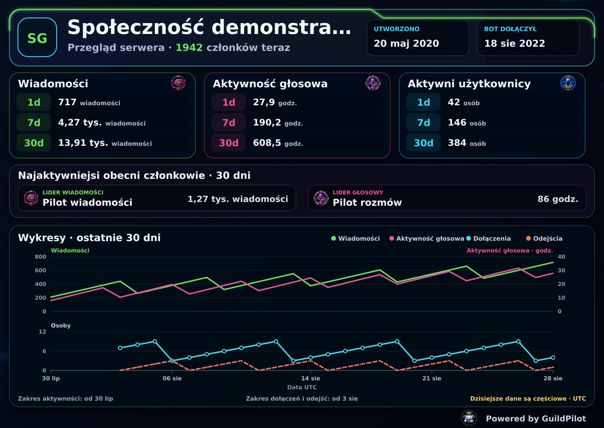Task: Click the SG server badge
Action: [37, 37]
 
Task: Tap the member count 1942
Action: [189, 48]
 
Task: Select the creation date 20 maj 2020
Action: [406, 43]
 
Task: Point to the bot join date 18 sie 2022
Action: [514, 43]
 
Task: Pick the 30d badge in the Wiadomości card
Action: [34, 143]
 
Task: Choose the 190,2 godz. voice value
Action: [278, 122]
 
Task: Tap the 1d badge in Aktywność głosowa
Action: [228, 102]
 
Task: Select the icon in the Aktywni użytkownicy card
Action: [568, 83]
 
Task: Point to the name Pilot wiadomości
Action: [87, 202]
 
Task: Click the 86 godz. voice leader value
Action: [558, 199]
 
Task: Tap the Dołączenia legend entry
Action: [488, 238]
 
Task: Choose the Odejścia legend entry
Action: [544, 238]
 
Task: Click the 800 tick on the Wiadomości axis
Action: [41, 257]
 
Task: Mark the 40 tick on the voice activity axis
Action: [562, 257]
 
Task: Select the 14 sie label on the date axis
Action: [310, 378]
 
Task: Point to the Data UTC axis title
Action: [302, 387]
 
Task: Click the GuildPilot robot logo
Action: [469, 418]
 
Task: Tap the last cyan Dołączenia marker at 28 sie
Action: [553, 358]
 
